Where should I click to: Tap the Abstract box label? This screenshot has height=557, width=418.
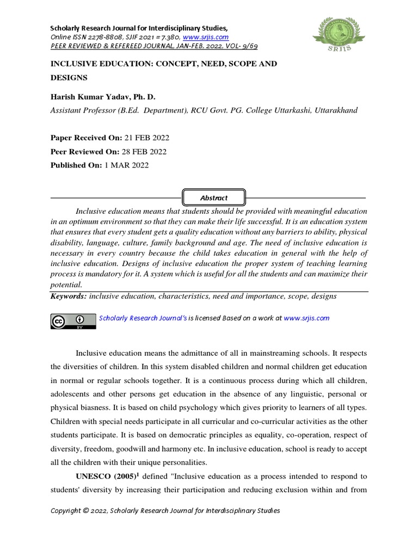click(213, 198)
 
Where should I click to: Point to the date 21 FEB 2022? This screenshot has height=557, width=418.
click(142, 139)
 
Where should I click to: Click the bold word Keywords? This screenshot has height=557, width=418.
click(68, 296)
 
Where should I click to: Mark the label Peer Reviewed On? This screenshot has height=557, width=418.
click(84, 152)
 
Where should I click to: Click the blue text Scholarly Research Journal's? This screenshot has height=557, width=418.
click(143, 318)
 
